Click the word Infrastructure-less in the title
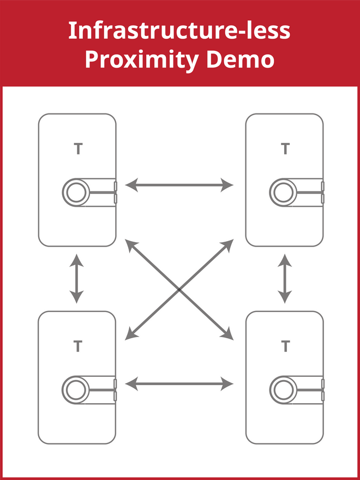tap(179, 31)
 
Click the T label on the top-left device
tap(77, 149)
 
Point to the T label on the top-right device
tap(285, 149)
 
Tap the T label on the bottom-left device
tap(77, 346)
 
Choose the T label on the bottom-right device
tap(285, 346)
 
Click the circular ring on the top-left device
tap(75, 193)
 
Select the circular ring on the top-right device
tap(282, 193)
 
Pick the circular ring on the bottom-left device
tap(75, 389)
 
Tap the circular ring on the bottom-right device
tap(282, 389)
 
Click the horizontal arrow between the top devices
tap(179, 185)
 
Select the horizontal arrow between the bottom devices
tap(179, 384)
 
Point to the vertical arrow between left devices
tap(76, 278)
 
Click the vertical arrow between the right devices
tap(284, 278)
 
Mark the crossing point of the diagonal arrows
tap(179, 289)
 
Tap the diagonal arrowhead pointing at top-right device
tap(229, 243)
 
